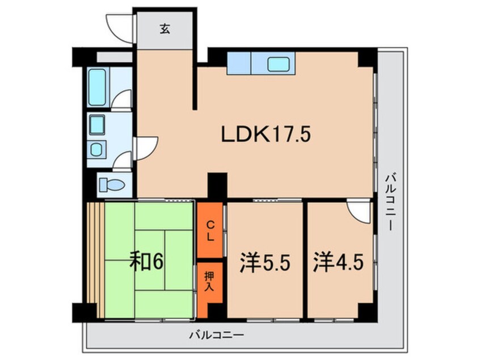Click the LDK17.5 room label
click(x=266, y=135)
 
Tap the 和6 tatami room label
click(x=146, y=261)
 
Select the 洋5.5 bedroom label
click(x=265, y=263)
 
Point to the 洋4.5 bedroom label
click(x=338, y=263)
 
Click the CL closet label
click(x=210, y=231)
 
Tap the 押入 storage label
click(x=209, y=281)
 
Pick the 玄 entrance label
click(x=165, y=29)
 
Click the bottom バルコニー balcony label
click(x=216, y=334)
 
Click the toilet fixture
click(x=112, y=185)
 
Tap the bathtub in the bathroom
click(x=97, y=87)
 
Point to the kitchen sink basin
click(x=278, y=64)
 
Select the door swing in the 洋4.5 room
click(x=359, y=211)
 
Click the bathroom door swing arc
click(x=121, y=99)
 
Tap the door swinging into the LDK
click(x=146, y=149)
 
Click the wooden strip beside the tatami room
click(x=96, y=260)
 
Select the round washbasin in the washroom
click(x=96, y=149)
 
